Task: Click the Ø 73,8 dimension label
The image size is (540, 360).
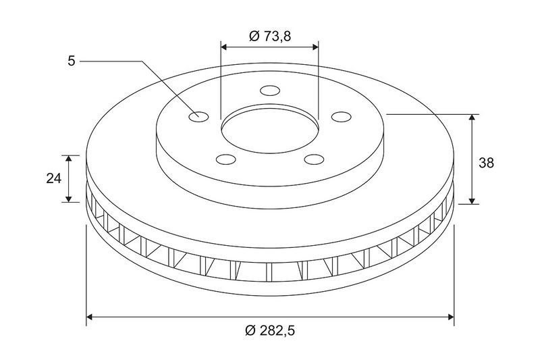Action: coord(270,36)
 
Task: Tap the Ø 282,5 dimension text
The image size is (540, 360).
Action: coord(271,331)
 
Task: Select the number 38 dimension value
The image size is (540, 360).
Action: coord(486,163)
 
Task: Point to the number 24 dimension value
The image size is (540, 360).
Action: coord(54,178)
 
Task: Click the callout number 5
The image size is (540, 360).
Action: coord(72,61)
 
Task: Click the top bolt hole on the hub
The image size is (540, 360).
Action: coord(270,91)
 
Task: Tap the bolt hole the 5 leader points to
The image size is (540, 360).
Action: coord(198,117)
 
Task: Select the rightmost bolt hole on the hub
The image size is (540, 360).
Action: coord(342,117)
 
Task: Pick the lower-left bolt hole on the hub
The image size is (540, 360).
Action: coord(226,159)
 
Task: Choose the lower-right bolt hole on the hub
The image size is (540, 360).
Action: coord(315,159)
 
